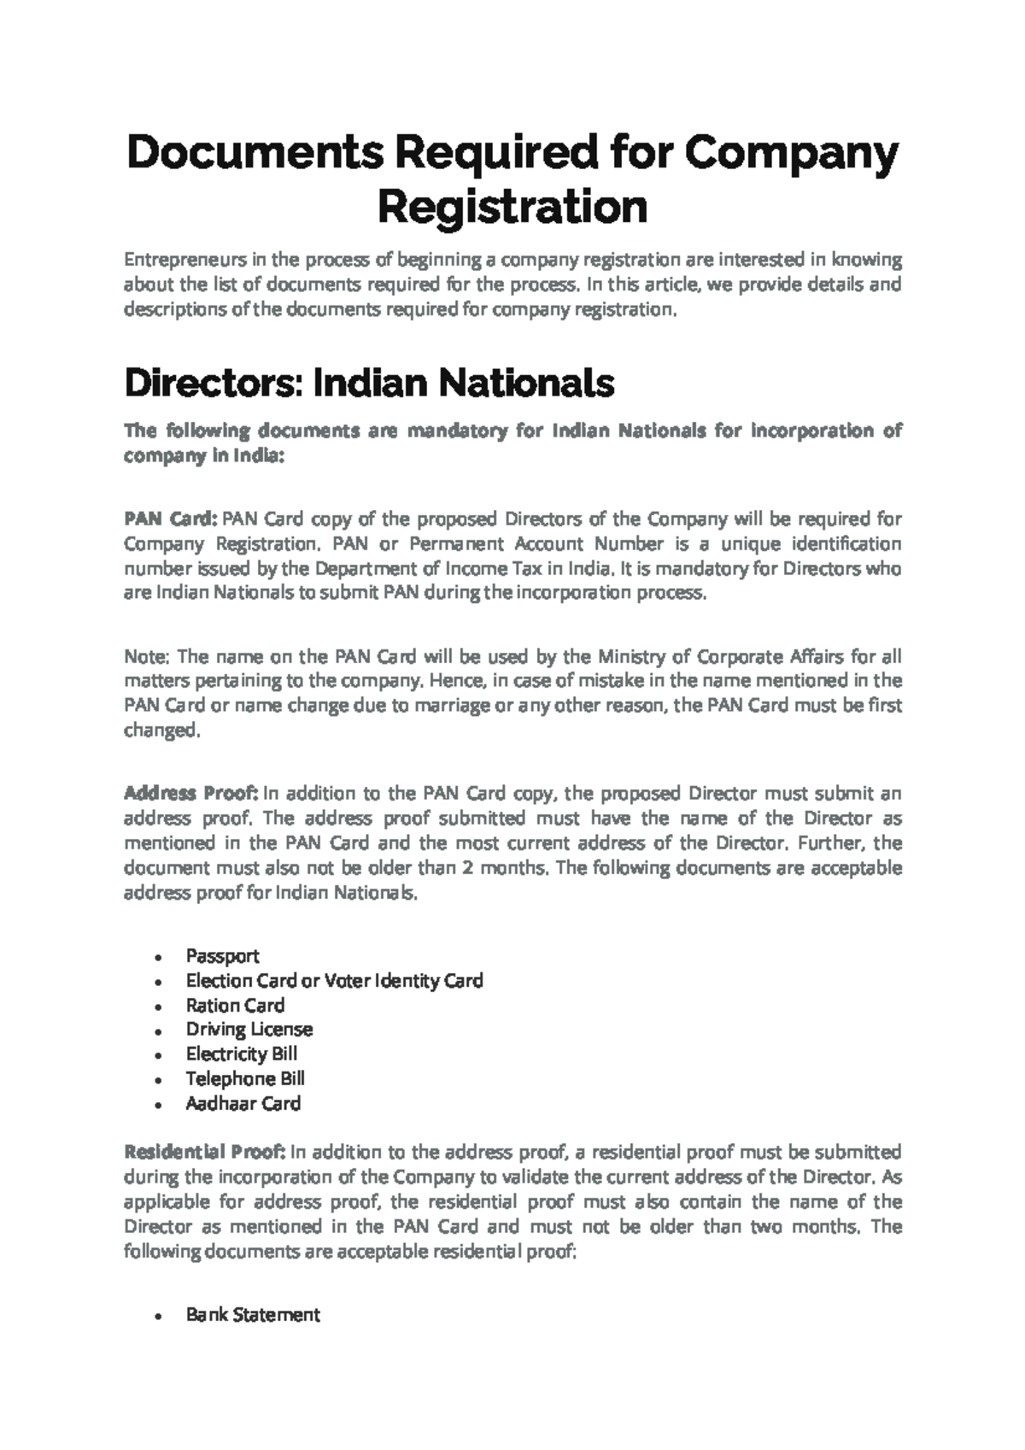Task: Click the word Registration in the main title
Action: click(512, 207)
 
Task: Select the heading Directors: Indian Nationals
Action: click(369, 384)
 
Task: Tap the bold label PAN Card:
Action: click(171, 520)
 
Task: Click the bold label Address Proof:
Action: click(190, 794)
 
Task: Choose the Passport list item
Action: click(222, 956)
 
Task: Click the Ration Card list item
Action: click(235, 1006)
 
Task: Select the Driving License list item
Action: click(249, 1030)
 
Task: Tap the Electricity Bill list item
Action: click(242, 1054)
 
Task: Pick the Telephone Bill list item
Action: click(245, 1079)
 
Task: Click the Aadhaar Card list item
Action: click(243, 1104)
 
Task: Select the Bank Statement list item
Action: click(253, 1315)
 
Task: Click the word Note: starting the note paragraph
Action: click(148, 657)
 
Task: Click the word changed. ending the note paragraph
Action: click(161, 731)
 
